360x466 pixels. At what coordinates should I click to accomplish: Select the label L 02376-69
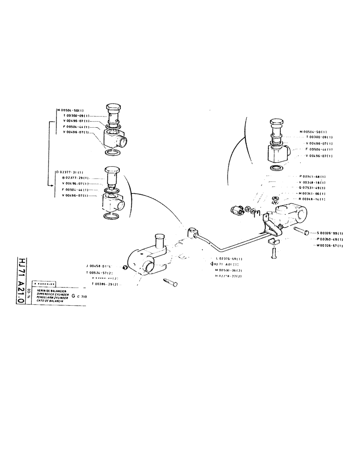click(x=228, y=259)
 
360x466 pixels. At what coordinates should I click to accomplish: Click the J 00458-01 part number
click(x=99, y=266)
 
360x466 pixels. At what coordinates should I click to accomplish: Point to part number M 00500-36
click(x=228, y=270)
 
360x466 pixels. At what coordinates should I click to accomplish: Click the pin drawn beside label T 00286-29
click(x=168, y=282)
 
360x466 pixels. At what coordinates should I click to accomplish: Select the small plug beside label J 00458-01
click(x=125, y=267)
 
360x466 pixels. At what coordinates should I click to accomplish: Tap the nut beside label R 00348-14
click(x=275, y=199)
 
